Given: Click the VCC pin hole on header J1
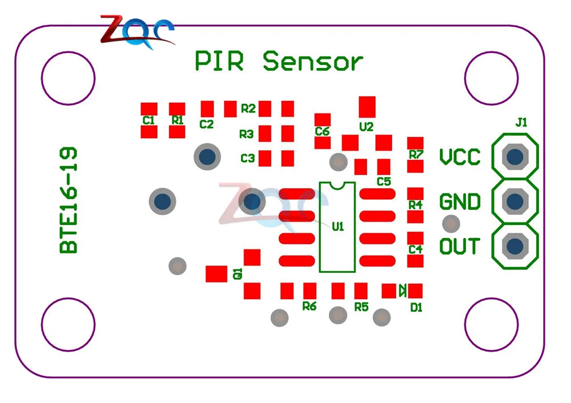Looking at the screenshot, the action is (515, 156).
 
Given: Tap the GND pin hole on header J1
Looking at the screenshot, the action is (515, 201).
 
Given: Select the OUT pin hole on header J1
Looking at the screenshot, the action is (515, 246).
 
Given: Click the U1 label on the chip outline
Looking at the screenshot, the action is (337, 227).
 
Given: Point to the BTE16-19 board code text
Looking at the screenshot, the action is (69, 200).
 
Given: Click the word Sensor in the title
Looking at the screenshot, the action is (313, 61).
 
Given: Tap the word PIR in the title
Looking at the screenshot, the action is (219, 61).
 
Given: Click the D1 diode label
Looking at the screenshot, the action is (416, 308).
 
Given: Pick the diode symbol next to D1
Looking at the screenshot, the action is (402, 291).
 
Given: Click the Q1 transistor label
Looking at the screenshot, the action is (238, 274).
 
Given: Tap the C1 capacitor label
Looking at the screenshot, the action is (148, 120).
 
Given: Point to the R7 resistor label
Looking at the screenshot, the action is (416, 154).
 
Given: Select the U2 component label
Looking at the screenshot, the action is (367, 127).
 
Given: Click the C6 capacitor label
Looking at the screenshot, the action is (322, 131).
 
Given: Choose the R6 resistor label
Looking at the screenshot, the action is (309, 306).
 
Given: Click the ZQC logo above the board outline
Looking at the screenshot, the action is (137, 31).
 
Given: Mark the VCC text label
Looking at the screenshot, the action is (460, 157).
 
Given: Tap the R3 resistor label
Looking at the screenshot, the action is (246, 134).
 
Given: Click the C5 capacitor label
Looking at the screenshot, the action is (384, 182).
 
